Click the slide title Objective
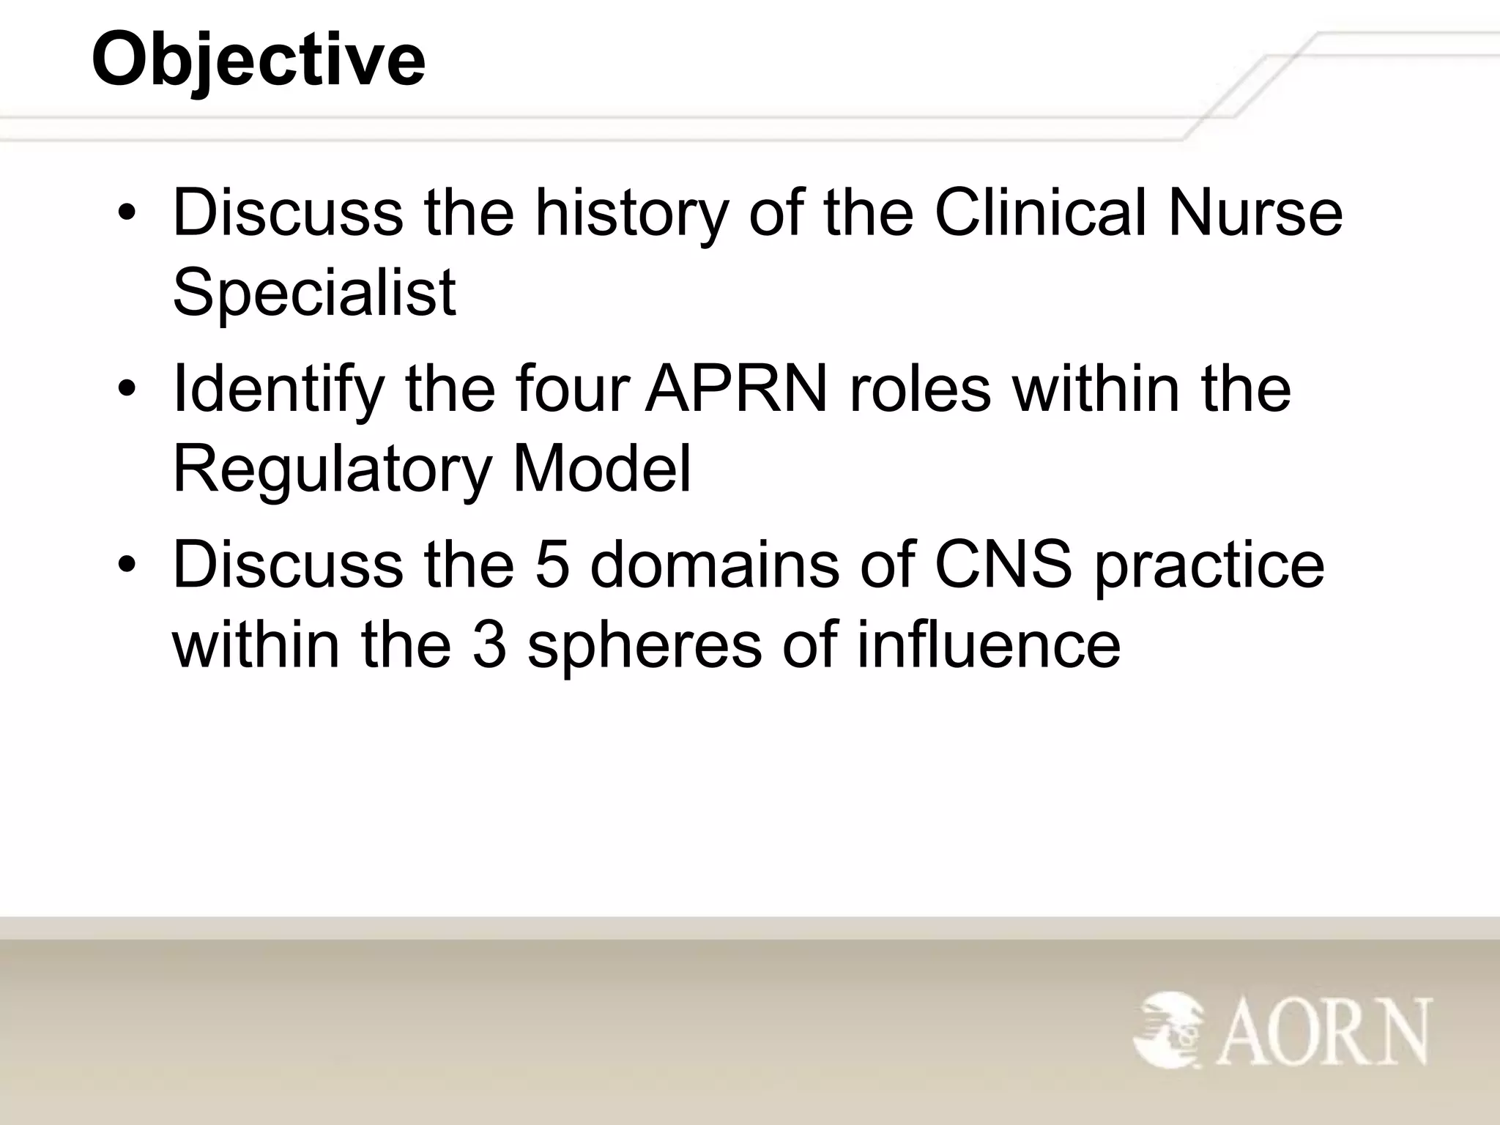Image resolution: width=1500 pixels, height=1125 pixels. [x=258, y=60]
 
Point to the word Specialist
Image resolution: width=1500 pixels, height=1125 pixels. [x=314, y=293]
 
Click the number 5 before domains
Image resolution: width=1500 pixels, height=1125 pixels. [x=552, y=565]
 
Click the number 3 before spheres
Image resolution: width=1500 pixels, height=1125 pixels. [x=489, y=645]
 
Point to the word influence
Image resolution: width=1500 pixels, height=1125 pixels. [x=988, y=645]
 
